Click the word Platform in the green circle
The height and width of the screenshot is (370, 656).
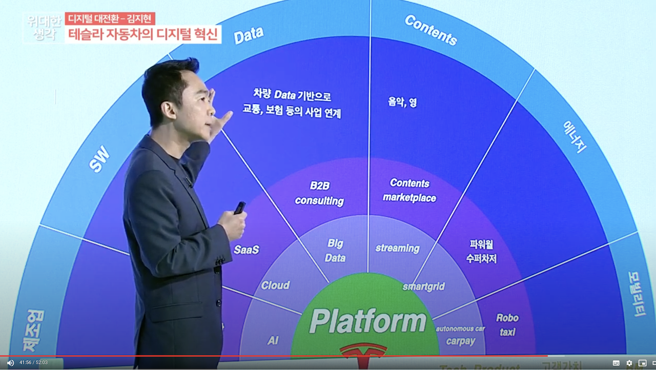point(367,321)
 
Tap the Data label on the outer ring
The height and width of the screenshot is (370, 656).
point(249,35)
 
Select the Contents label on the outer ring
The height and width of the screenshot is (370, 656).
point(430,30)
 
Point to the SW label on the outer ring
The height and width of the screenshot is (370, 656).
point(99,159)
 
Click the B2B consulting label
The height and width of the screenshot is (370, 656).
point(319,193)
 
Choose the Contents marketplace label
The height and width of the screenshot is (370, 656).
point(409,190)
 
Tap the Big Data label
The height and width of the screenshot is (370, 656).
point(335,251)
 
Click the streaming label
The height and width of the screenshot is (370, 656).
point(397,249)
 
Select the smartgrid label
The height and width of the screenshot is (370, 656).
point(423,286)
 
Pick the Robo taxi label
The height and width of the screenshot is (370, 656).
point(507,325)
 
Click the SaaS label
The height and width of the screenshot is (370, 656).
point(247,250)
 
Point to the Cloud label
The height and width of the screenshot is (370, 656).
point(275,285)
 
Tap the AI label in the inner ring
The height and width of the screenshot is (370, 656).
point(273,340)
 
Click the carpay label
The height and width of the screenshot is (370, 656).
point(460,341)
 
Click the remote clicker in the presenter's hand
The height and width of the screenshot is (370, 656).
point(239,208)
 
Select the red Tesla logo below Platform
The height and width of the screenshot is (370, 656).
point(363,351)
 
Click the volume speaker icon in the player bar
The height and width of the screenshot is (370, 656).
point(10,363)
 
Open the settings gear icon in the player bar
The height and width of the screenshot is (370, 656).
point(629,363)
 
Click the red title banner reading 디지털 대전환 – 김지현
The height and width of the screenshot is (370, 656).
point(110,19)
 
